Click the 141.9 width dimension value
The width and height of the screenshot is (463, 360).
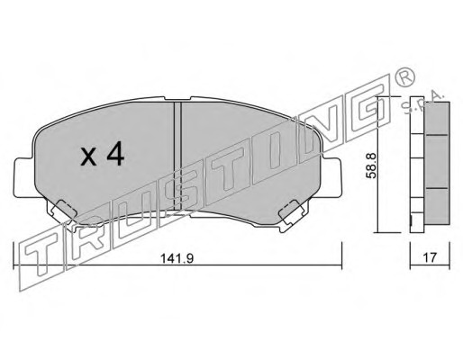pos(177,258)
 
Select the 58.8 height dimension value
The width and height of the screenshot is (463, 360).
pos(371,165)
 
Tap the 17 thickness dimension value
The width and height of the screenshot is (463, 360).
pos(430,257)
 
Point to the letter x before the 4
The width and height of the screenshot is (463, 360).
pos(89,157)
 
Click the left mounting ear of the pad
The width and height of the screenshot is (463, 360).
pos(24,177)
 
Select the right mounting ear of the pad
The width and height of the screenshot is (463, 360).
pos(331,177)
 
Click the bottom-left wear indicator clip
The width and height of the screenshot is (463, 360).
pos(62,212)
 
